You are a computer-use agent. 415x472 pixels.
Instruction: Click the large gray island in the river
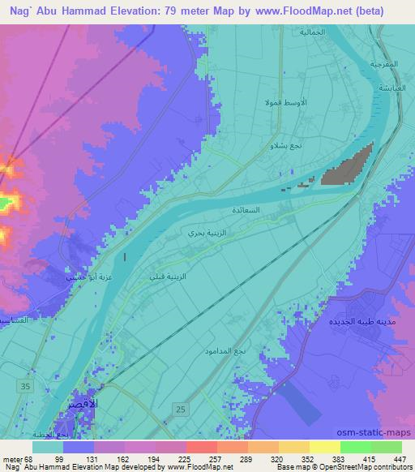(x=347, y=165)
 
